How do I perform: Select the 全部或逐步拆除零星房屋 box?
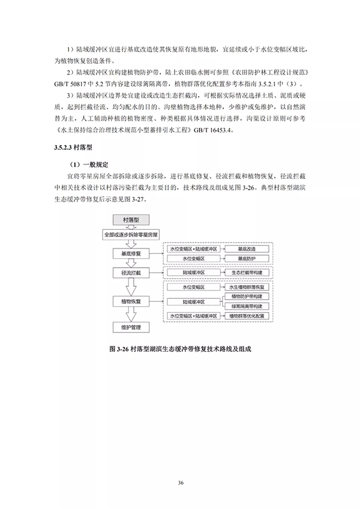click(x=131, y=235)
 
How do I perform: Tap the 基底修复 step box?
click(x=131, y=253)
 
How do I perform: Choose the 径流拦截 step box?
click(x=131, y=273)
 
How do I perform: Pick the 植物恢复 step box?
click(x=131, y=300)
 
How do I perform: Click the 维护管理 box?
click(x=131, y=327)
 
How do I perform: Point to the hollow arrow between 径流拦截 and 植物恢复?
click(x=131, y=286)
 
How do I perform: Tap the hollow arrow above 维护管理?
click(x=131, y=314)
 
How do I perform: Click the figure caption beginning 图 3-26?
click(x=180, y=348)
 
